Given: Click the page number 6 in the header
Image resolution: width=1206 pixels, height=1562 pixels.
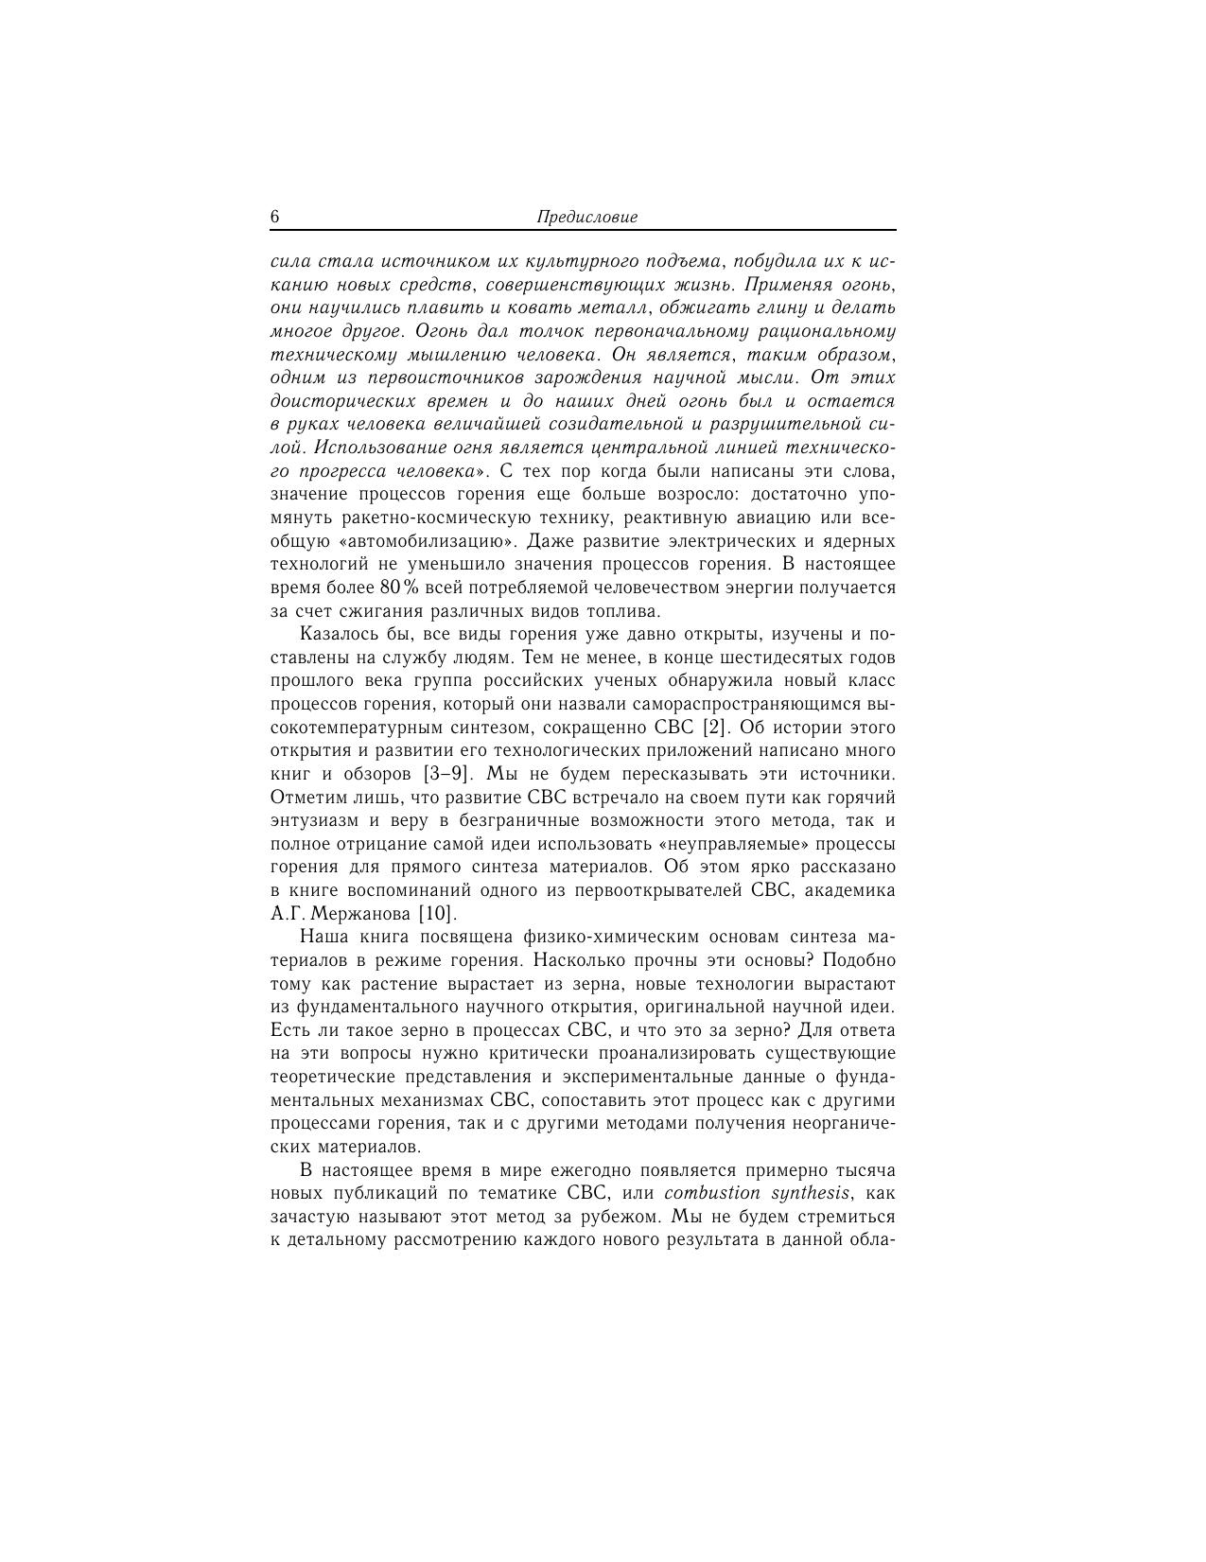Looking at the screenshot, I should tap(275, 217).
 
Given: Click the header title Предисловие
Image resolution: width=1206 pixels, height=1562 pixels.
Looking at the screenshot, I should tap(586, 217).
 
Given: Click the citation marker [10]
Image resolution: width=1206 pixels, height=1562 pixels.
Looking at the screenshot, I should tap(437, 914).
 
